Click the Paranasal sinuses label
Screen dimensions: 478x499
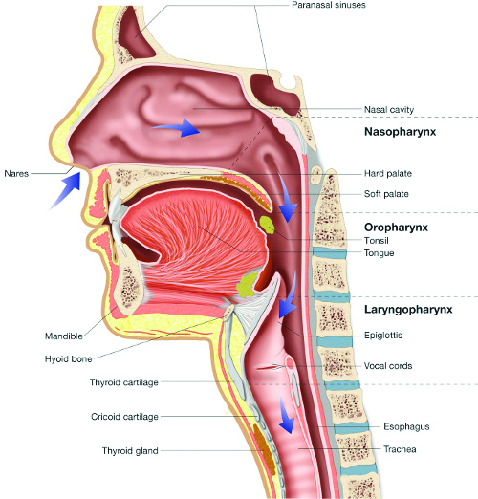point(329,5)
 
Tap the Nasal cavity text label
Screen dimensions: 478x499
point(389,110)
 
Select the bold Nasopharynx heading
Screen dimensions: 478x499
point(401,132)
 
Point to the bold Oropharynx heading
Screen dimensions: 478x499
point(396,228)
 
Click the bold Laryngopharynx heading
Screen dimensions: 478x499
point(408,310)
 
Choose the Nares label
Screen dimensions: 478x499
point(16,174)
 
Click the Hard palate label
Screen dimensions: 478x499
point(388,174)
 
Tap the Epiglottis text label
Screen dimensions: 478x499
point(383,336)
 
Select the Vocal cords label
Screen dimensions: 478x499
point(388,366)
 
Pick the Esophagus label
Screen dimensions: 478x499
point(406,426)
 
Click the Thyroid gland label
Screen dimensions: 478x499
point(130,451)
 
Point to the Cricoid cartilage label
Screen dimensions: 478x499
point(124,417)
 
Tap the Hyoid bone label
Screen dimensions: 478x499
point(68,359)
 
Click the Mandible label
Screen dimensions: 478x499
point(64,336)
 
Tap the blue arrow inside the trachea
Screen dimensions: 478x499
point(286,414)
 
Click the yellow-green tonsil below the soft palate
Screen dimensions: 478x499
point(267,225)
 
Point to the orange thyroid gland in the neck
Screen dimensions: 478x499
point(264,448)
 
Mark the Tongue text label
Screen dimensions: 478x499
point(380,253)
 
